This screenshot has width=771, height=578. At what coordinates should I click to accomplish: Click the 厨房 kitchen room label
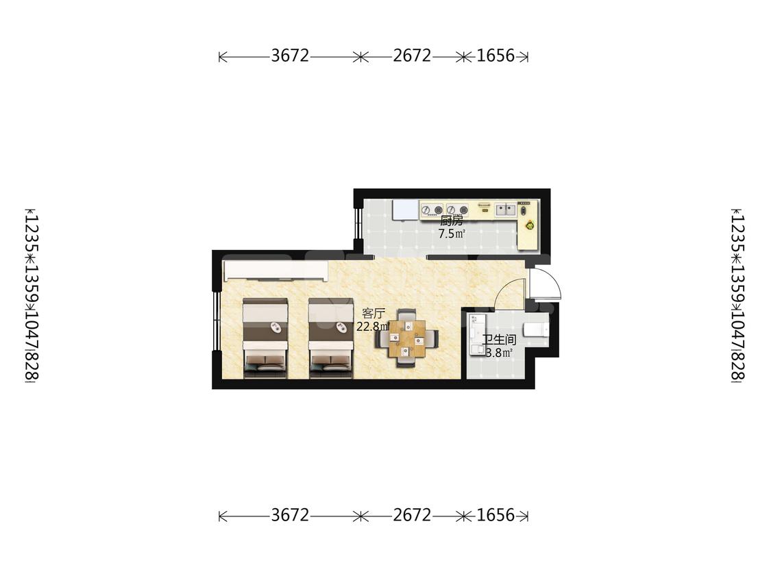tap(451, 221)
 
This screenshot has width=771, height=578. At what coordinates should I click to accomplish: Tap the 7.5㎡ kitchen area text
tap(452, 234)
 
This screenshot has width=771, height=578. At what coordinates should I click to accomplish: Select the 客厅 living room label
tap(374, 314)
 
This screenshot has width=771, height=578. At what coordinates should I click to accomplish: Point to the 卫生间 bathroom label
tap(499, 340)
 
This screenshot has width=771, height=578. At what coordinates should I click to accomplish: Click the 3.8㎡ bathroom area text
tap(500, 353)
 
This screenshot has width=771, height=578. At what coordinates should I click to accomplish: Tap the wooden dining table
tap(406, 338)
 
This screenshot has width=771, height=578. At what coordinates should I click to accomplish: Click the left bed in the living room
tap(265, 338)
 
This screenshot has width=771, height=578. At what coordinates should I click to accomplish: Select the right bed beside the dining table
tap(331, 338)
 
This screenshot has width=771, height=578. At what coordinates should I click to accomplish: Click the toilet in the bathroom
tap(535, 328)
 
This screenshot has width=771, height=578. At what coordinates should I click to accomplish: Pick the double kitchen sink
tap(505, 210)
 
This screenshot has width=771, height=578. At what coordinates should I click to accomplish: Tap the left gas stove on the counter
tap(432, 210)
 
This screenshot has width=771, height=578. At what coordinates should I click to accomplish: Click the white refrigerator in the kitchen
tap(405, 210)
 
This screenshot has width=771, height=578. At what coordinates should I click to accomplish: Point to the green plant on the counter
tap(530, 225)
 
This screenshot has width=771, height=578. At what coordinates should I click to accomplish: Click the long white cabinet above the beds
tap(276, 271)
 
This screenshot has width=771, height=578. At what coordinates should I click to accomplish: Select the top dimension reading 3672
tap(290, 55)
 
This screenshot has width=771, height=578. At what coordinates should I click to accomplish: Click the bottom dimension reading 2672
tap(412, 515)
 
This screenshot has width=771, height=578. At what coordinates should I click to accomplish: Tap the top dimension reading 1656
tap(495, 55)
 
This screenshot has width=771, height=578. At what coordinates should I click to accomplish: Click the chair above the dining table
tap(406, 314)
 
